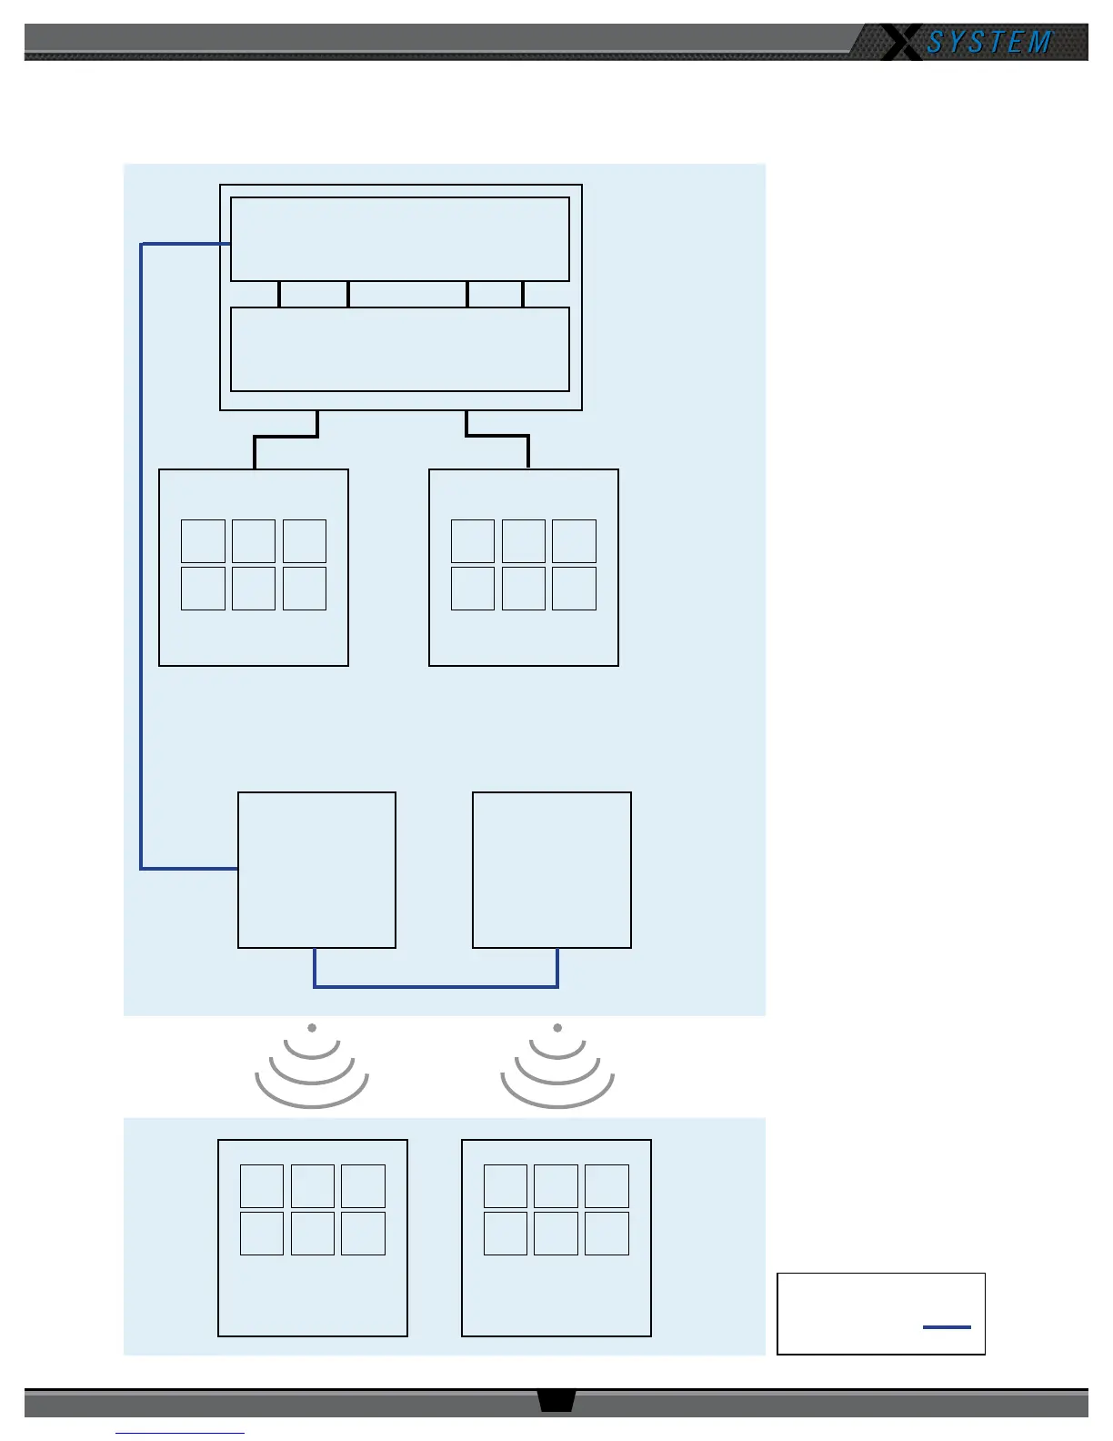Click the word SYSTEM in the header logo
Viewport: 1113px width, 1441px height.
989,42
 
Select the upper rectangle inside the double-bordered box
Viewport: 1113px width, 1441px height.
400,239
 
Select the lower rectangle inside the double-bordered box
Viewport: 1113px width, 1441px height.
400,349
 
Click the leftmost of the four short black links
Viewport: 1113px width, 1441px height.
279,294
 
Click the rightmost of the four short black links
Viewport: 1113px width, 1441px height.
523,294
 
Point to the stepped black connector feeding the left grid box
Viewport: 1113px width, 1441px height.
286,438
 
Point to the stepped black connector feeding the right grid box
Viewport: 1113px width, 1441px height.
497,436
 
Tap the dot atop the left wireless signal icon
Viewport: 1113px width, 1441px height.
312,1028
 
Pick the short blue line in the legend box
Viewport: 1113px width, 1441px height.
947,1327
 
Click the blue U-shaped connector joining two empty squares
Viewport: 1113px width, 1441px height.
436,986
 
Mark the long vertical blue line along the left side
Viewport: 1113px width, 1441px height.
141,555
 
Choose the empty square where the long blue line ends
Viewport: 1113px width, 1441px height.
316,870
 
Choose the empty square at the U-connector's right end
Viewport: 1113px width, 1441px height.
552,870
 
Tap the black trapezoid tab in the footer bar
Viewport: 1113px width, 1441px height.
556,1400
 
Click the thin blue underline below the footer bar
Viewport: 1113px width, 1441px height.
180,1434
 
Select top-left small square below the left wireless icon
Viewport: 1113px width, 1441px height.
262,1186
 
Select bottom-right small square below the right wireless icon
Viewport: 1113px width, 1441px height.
607,1234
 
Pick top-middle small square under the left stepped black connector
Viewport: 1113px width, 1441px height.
254,541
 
